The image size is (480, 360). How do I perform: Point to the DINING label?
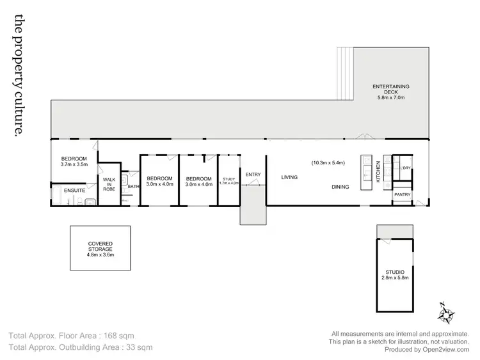pyautogui.click(x=340, y=187)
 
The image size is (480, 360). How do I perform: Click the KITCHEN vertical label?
pyautogui.click(x=378, y=172)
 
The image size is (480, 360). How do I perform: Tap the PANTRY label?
pyautogui.click(x=402, y=194)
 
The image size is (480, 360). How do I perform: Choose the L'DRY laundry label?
pyautogui.click(x=404, y=168)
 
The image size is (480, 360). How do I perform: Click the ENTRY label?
pyautogui.click(x=253, y=174)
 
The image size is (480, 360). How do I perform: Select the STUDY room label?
pyautogui.click(x=228, y=181)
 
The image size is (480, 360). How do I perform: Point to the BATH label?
pyautogui.click(x=133, y=187)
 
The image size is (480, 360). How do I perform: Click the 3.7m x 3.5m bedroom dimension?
pyautogui.click(x=74, y=164)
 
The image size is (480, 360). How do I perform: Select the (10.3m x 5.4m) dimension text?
pyautogui.click(x=328, y=162)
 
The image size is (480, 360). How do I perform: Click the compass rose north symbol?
pyautogui.click(x=445, y=313)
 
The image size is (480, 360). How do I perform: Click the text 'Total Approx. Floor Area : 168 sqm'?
pyautogui.click(x=72, y=335)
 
